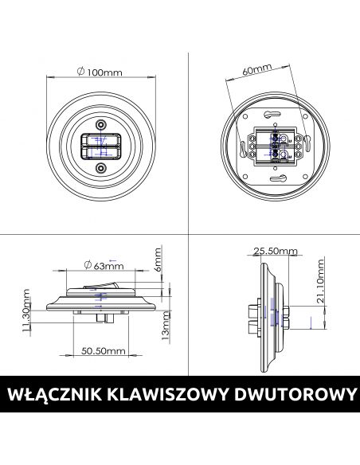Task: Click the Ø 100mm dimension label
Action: point(100,72)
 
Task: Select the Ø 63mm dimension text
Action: point(104,265)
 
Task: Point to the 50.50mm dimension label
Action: point(104,351)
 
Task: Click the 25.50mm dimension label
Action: point(276,251)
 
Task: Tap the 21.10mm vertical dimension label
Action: point(320,281)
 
